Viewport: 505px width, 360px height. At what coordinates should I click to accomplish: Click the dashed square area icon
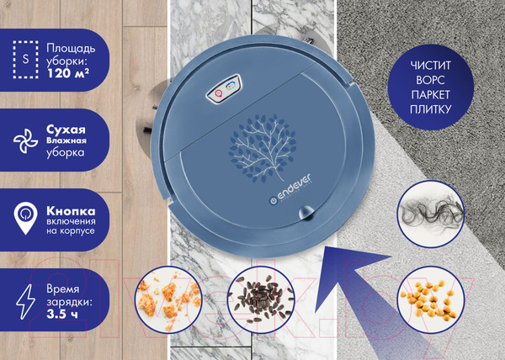[x=25, y=60]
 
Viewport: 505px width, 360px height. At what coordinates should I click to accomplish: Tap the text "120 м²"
[x=68, y=73]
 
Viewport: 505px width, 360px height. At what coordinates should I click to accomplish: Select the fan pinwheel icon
[x=25, y=141]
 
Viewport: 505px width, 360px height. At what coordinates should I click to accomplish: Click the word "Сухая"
[x=66, y=130]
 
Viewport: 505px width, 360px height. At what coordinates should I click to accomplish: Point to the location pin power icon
[x=25, y=218]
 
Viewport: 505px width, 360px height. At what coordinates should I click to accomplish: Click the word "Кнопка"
[x=71, y=211]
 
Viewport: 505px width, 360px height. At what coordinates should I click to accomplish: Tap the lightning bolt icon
[x=26, y=302]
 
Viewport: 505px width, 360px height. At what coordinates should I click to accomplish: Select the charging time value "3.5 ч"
[x=61, y=314]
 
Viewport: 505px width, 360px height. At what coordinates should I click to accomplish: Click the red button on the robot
[x=218, y=93]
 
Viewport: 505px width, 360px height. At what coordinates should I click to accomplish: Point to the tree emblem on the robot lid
[x=262, y=148]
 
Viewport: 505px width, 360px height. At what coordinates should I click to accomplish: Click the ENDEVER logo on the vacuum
[x=290, y=190]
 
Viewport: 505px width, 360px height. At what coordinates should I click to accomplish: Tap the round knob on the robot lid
[x=306, y=213]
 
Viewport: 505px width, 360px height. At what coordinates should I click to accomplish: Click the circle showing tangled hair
[x=431, y=214]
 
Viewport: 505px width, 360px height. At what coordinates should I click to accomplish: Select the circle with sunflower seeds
[x=261, y=299]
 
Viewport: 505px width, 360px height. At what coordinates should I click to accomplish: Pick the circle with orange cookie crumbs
[x=168, y=299]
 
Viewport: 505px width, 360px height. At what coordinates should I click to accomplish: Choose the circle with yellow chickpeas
[x=431, y=299]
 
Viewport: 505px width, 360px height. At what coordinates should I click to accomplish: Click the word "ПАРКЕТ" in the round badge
[x=430, y=94]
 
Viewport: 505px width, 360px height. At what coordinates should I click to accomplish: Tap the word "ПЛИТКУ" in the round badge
[x=430, y=109]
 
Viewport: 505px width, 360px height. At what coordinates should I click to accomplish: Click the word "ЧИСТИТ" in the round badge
[x=430, y=66]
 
